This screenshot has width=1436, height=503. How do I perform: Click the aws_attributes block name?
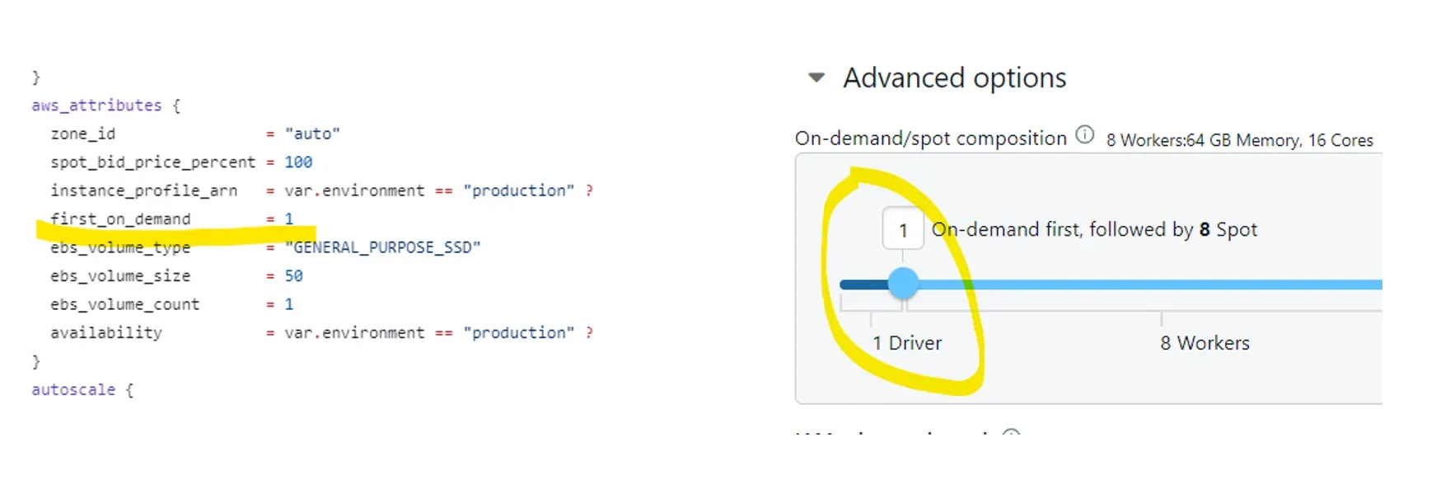pos(96,106)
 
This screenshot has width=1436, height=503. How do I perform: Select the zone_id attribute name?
pos(83,134)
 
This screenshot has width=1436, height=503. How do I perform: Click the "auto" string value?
pos(312,134)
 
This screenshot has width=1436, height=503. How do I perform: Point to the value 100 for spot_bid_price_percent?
pos(298,162)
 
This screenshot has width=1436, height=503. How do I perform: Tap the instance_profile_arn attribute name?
pos(143,190)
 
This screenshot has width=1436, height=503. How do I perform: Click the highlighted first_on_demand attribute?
pos(120,219)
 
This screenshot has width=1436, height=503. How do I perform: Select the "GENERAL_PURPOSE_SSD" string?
pos(382,247)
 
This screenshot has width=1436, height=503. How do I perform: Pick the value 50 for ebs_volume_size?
pos(293,276)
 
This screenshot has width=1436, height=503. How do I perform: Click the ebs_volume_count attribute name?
pos(124,304)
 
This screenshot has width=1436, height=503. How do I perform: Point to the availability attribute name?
pos(106,333)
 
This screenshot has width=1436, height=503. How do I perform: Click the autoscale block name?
pos(73,390)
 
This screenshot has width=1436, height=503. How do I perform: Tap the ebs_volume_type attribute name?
pos(120,247)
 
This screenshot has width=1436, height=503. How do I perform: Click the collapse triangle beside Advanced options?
pos(816,78)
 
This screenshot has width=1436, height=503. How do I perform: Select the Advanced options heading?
pos(954,78)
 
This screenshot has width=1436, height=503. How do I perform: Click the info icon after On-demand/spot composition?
pos(1085,134)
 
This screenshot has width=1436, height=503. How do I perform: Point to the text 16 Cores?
pos(1340,140)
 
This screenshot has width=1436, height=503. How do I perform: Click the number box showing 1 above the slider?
pos(903,229)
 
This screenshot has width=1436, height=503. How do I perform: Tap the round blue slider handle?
pos(903,284)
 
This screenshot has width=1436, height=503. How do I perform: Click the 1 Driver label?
pos(906,343)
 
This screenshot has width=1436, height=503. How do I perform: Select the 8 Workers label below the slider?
pos(1204,343)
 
